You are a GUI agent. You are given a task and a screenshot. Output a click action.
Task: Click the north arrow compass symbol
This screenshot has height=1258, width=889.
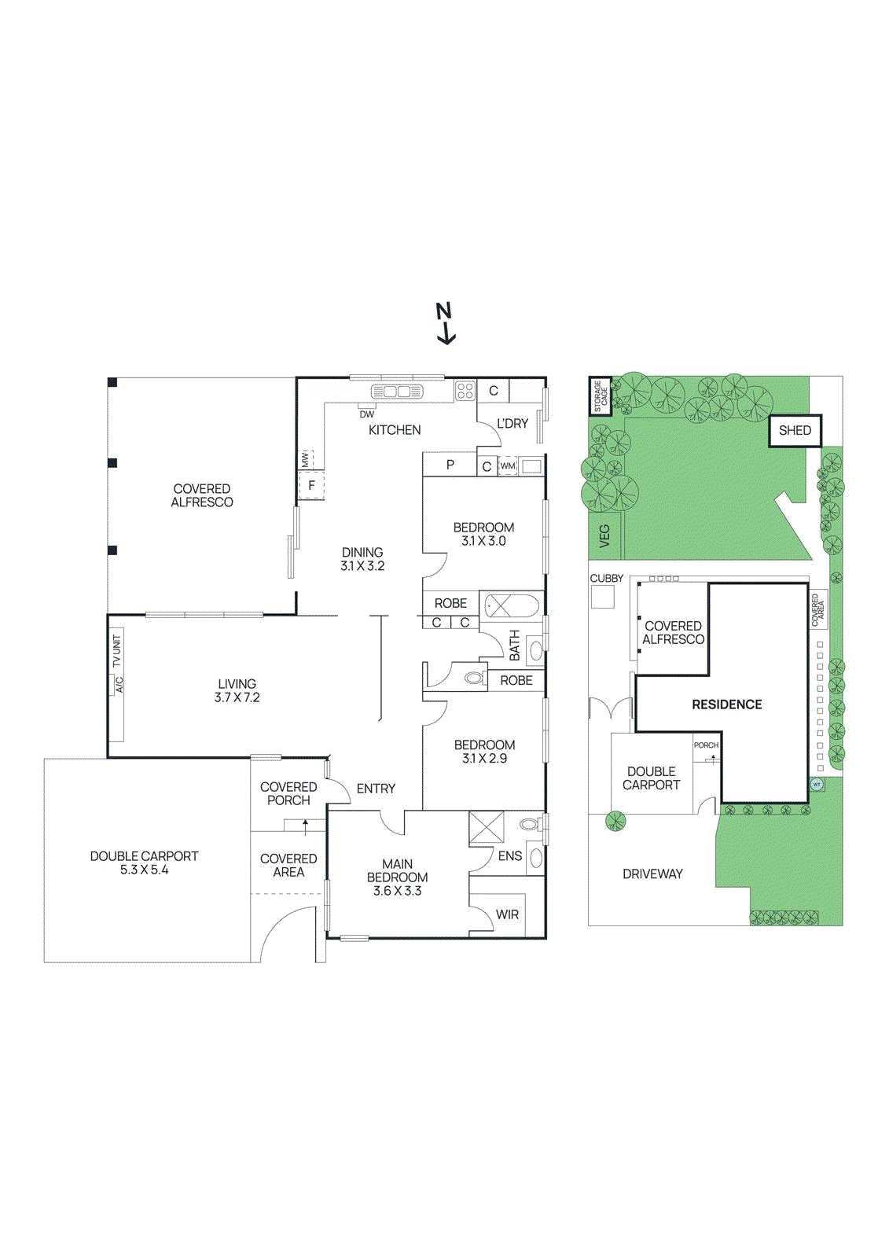[x=445, y=323]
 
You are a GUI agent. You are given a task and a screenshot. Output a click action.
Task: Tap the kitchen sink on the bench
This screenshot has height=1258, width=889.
[x=396, y=392]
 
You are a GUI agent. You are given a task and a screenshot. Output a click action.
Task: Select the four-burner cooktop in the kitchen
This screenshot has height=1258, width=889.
[x=465, y=390]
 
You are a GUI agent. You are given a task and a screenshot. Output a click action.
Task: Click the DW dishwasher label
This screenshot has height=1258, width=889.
[x=367, y=414]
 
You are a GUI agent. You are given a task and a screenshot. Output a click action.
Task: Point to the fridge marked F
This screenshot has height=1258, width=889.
[x=311, y=486]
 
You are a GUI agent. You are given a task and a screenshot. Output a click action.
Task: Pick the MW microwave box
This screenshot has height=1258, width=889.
[x=306, y=460]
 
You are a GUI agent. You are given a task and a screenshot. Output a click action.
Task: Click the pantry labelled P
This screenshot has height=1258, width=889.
[x=450, y=465]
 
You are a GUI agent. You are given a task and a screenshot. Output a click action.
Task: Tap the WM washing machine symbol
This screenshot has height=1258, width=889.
[x=508, y=465]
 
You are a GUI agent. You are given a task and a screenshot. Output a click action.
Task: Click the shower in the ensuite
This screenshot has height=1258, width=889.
[x=487, y=827]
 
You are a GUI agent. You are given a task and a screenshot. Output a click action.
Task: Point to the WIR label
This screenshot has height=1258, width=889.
[x=507, y=914]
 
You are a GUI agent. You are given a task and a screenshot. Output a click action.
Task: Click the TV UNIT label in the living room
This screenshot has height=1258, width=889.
[x=117, y=652]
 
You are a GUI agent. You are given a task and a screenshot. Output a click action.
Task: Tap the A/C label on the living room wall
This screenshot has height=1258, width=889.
[x=119, y=685]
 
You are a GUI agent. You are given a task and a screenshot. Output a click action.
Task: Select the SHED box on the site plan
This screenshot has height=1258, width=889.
[x=795, y=431]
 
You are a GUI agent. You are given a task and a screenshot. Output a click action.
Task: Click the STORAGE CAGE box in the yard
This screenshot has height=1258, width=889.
[x=601, y=396]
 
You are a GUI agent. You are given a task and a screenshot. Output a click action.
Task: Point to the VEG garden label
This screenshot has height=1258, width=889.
[x=604, y=536]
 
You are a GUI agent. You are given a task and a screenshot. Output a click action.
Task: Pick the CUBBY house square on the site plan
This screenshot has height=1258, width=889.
[x=603, y=597]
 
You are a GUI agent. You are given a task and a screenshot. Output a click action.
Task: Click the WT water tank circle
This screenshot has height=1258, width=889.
[x=817, y=784]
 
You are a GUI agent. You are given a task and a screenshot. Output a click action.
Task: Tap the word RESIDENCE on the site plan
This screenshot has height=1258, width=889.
[x=727, y=704]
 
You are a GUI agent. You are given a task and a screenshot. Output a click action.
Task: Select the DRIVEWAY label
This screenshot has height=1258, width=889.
[x=652, y=874]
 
